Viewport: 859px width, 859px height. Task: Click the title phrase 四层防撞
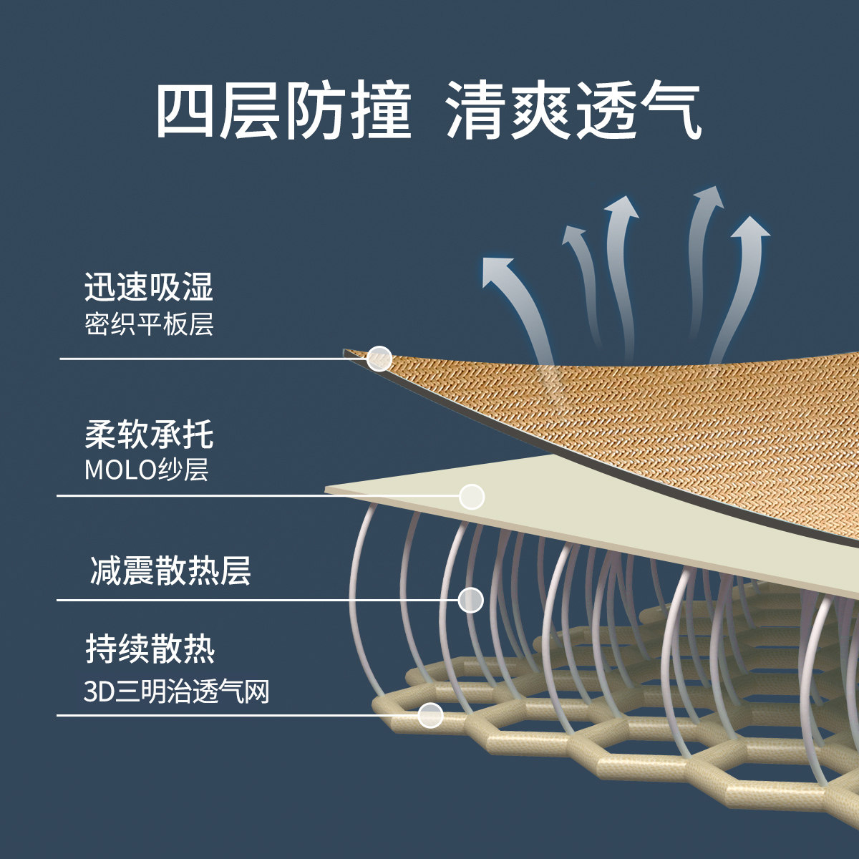tap(283, 112)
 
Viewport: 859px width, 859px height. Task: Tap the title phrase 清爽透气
tap(573, 112)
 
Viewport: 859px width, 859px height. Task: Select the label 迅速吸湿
tap(149, 287)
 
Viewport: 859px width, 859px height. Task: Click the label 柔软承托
tap(149, 435)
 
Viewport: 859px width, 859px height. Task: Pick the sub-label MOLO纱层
tap(146, 470)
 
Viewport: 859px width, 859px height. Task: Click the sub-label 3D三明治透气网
tap(176, 692)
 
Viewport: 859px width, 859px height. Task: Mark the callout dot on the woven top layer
tap(379, 359)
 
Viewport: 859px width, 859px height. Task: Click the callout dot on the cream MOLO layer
tap(472, 496)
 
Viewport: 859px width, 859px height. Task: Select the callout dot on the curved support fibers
tap(470, 599)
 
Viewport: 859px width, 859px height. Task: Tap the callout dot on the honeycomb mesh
tap(430, 714)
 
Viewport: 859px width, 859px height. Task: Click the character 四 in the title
tap(185, 112)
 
